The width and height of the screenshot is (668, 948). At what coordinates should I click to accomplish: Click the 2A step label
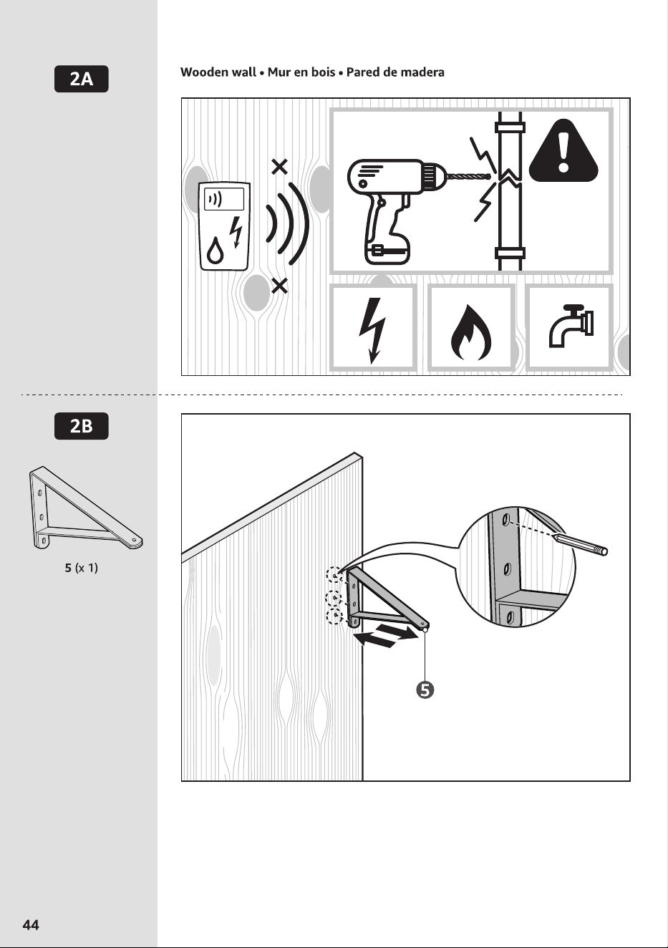[82, 79]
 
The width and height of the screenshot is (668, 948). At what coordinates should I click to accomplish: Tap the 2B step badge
[82, 426]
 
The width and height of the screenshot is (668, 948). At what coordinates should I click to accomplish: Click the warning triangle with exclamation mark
[563, 151]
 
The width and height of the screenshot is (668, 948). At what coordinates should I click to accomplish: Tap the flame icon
[470, 332]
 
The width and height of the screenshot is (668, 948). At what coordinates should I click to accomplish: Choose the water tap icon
[571, 326]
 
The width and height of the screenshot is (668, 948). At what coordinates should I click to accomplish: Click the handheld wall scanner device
[225, 226]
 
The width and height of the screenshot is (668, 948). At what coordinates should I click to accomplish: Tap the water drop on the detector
[215, 251]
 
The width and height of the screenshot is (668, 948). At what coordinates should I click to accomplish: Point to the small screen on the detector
[224, 199]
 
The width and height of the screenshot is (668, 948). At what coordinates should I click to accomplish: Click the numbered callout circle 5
[425, 690]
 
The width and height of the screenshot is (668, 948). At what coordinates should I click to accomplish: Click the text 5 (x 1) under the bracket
[82, 568]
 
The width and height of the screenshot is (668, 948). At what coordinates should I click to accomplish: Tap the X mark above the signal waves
[279, 167]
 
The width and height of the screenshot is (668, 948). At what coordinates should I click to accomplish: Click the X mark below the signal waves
[279, 286]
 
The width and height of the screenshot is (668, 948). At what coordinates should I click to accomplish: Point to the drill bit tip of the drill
[490, 176]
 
